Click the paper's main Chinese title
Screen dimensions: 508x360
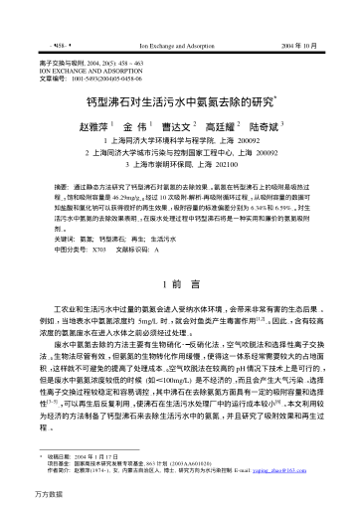pyautogui.click(x=180, y=102)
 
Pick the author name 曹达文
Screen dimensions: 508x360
pyautogui.click(x=177, y=128)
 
